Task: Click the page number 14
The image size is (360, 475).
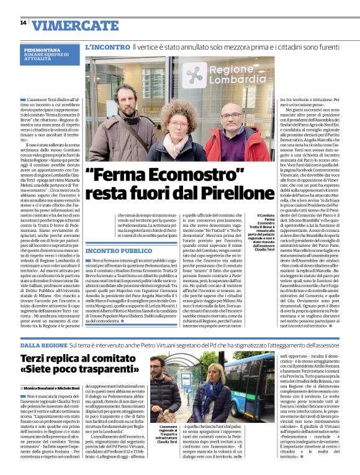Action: (23, 23)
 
